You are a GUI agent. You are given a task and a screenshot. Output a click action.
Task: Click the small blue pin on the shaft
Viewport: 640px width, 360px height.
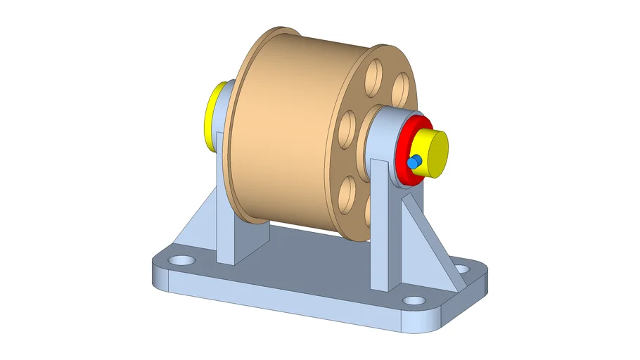click(x=415, y=161)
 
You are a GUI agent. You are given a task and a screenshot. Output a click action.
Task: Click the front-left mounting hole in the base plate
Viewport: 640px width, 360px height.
click(x=184, y=259)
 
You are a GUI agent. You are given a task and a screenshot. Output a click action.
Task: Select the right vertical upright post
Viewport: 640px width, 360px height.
click(x=380, y=225)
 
